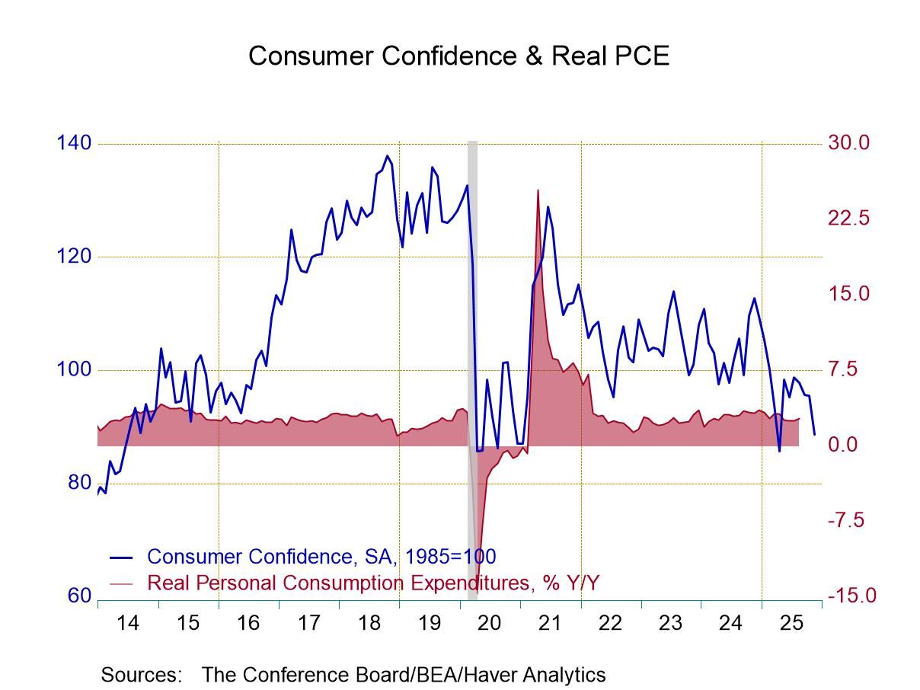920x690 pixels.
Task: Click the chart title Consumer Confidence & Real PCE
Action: point(458,56)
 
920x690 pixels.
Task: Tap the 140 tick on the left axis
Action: point(74,143)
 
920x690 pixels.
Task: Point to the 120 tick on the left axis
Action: point(74,257)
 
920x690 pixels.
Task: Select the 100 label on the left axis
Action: point(74,369)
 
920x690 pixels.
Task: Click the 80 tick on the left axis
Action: point(78,483)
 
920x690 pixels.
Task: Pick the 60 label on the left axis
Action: point(78,596)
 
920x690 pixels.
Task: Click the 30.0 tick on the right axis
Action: point(848,143)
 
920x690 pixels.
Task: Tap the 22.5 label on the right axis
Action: point(848,219)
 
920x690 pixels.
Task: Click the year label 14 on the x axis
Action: point(127,623)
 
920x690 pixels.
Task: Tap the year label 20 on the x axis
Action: point(490,623)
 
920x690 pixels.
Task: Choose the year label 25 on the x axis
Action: point(791,623)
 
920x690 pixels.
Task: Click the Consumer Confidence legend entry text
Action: point(321,557)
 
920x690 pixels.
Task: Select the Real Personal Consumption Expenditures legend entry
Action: point(373,583)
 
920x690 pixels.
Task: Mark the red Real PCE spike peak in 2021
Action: point(538,190)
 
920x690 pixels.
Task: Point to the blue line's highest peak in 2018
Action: point(387,156)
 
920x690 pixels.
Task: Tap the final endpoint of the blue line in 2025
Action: point(814,435)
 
